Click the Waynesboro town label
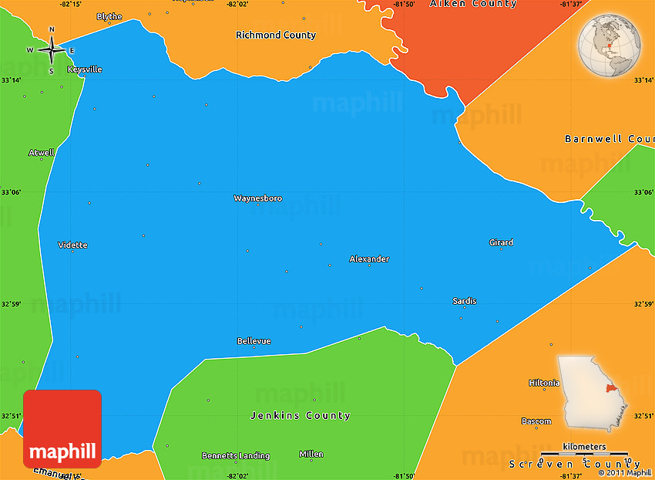click(257, 198)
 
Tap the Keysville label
click(85, 69)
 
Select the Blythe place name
click(109, 17)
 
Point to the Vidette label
click(72, 245)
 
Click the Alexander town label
click(369, 259)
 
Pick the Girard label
click(501, 242)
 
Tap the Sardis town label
click(464, 301)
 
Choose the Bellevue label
click(254, 341)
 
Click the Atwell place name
click(42, 153)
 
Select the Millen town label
click(311, 454)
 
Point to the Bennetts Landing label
click(236, 455)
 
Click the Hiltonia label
click(544, 383)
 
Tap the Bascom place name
click(536, 421)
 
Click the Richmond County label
click(276, 35)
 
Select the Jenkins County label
click(301, 415)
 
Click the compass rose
click(52, 50)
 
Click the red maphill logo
click(62, 429)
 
